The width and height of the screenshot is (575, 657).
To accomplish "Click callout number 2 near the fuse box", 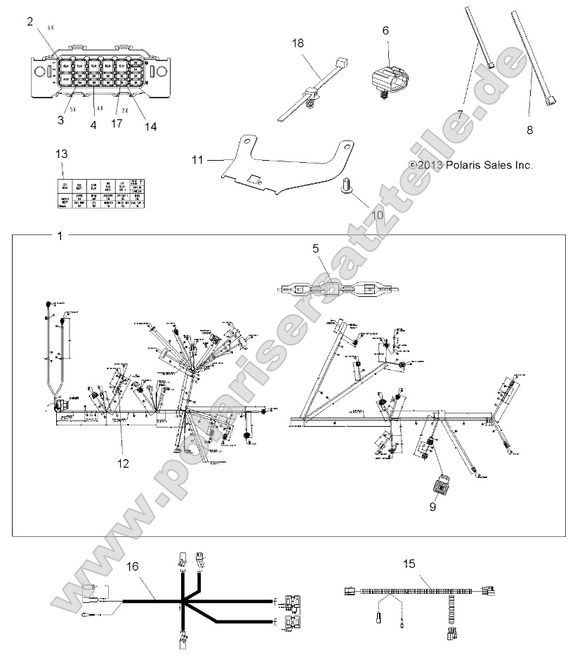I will tap(29, 22).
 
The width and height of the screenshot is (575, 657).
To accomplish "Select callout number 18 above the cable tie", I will tap(298, 44).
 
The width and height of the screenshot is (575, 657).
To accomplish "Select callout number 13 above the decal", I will tap(62, 153).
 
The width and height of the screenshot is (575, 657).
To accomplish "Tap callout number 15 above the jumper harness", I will tap(410, 564).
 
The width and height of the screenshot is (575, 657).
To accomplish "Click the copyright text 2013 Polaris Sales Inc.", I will tap(481, 165).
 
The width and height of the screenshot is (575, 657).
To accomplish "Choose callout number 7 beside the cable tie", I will tap(461, 112).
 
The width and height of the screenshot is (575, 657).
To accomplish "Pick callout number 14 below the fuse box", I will tap(150, 127).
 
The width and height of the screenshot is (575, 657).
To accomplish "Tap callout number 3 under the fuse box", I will tap(61, 120).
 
